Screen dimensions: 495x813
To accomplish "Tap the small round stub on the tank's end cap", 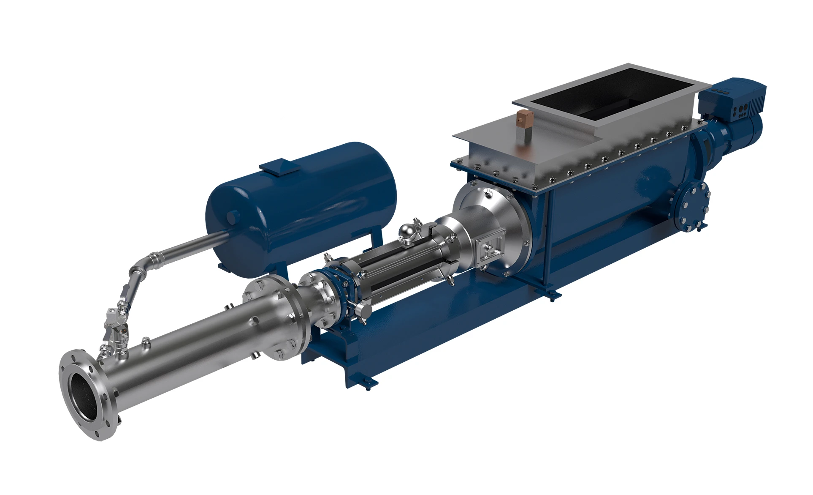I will point(231,217).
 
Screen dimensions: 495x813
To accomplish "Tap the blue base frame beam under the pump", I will point(422,330).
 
